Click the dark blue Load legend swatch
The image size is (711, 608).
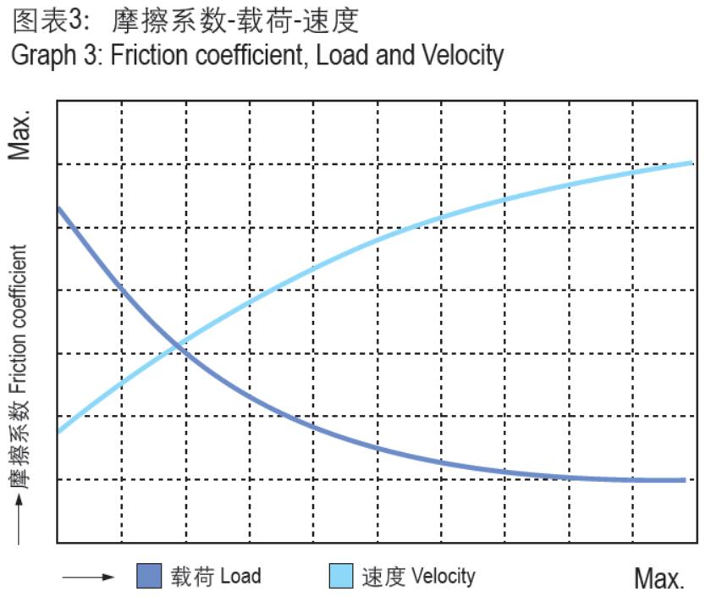coord(149,577)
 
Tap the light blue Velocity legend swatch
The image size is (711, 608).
coord(340,577)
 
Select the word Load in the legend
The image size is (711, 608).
coord(240,577)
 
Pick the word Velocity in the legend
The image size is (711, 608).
coord(443,577)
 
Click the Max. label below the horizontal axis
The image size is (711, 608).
coord(659,579)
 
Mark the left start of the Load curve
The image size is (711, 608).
coord(58,207)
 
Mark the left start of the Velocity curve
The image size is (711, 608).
coord(58,431)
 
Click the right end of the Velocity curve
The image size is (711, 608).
coord(692,161)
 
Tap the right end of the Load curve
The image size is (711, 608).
coord(684,480)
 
